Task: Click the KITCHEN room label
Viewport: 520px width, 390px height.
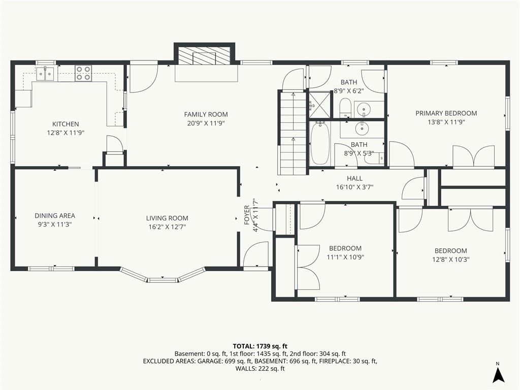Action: click(66, 124)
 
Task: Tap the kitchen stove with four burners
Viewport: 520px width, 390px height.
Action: click(83, 73)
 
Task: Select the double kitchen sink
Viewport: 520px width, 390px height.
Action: click(45, 73)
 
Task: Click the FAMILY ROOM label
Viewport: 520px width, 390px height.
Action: click(206, 114)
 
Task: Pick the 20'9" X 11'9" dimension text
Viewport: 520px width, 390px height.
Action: click(206, 123)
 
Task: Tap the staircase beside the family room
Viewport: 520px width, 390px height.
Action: click(292, 133)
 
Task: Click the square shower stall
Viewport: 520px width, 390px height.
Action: click(320, 105)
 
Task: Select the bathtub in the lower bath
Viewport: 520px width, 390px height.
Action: click(320, 143)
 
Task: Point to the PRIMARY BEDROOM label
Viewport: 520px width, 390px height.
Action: click(446, 113)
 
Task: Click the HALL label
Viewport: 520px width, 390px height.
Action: click(355, 178)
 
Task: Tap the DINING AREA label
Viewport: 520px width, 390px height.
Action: click(55, 215)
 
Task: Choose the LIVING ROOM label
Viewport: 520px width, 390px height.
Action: click(167, 218)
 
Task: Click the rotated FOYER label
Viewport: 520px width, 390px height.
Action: click(247, 215)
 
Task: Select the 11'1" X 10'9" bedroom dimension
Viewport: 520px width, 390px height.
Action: click(345, 257)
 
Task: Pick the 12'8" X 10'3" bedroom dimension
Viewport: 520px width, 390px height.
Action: click(451, 259)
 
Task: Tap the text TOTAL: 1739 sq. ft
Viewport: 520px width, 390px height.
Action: click(260, 346)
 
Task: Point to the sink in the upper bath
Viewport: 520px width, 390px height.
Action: click(365, 109)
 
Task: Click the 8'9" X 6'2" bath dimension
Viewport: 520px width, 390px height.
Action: click(349, 91)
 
